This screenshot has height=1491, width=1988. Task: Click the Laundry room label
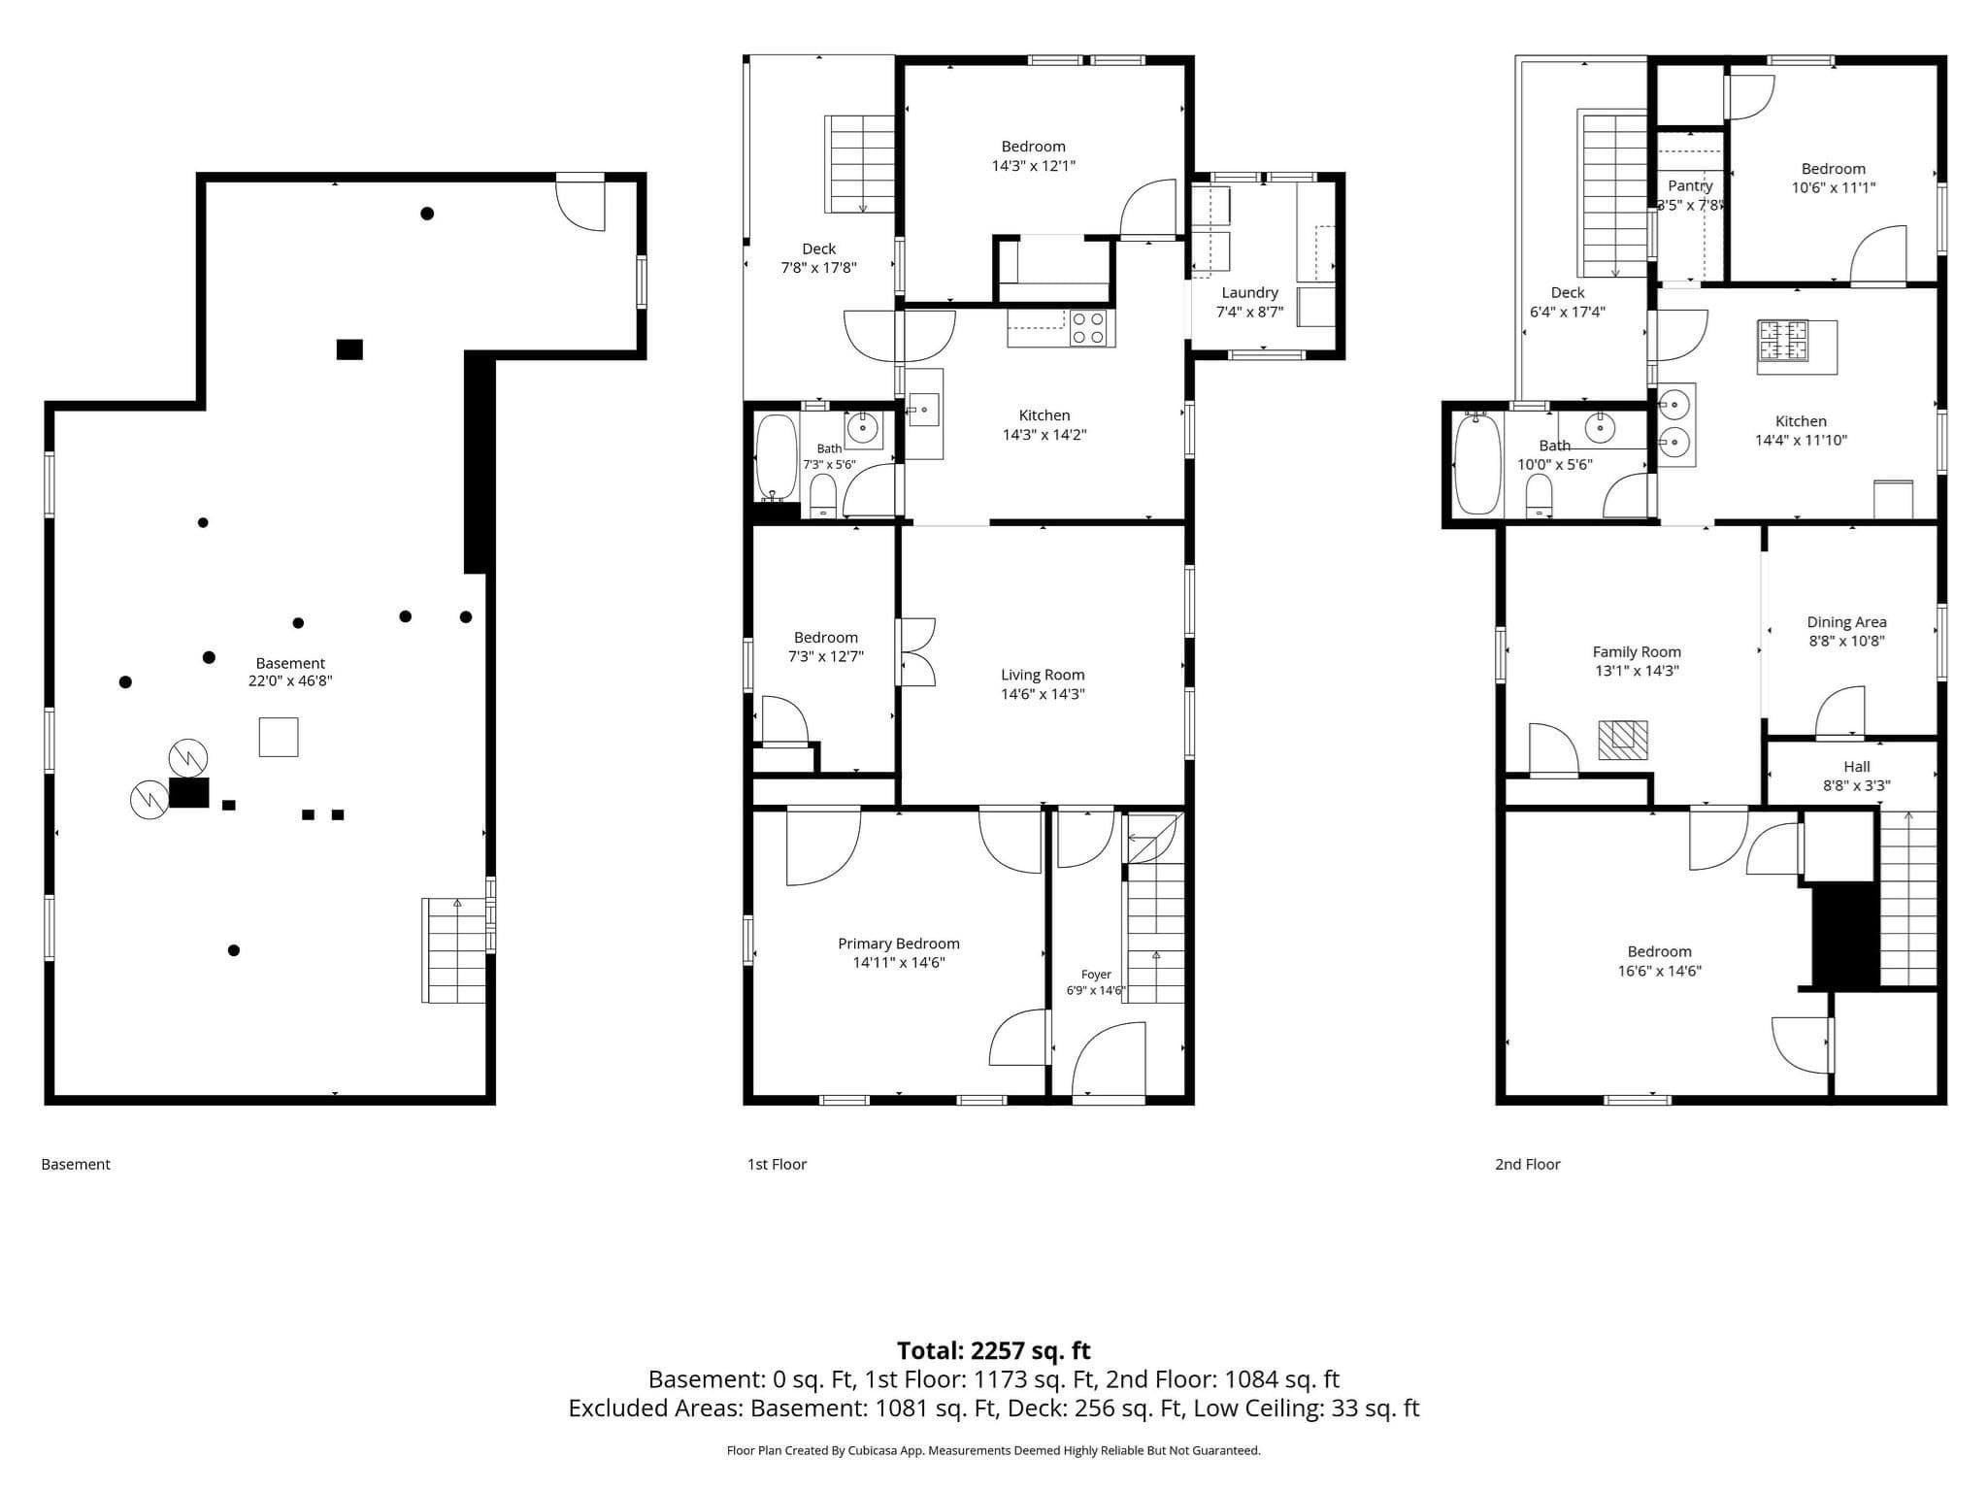[x=1249, y=292]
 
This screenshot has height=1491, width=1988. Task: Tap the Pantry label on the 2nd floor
[x=1690, y=185]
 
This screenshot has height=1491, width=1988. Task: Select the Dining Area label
[x=1846, y=622]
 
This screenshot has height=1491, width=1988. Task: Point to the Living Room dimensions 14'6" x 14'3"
[x=1043, y=694]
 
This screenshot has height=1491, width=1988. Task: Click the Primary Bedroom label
[x=899, y=944]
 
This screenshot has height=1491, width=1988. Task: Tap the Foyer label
[x=1096, y=975]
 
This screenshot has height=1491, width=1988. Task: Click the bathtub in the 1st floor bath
[x=776, y=458]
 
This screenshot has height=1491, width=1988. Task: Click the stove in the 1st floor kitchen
[x=1089, y=328]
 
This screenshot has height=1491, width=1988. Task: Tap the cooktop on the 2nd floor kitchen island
[x=1783, y=341]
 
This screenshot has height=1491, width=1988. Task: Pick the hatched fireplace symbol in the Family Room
[x=1623, y=740]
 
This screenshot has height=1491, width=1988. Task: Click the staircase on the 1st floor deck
[x=859, y=164]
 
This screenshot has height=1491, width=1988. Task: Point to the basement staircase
[x=454, y=950]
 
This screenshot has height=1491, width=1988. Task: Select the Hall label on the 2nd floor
[x=1856, y=767]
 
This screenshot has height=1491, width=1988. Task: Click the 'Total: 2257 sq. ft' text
[x=994, y=1350]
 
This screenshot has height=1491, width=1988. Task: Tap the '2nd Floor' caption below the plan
[x=1528, y=1164]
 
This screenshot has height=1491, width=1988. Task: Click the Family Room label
[x=1637, y=652]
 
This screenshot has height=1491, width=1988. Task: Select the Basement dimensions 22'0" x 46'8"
[x=290, y=681]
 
